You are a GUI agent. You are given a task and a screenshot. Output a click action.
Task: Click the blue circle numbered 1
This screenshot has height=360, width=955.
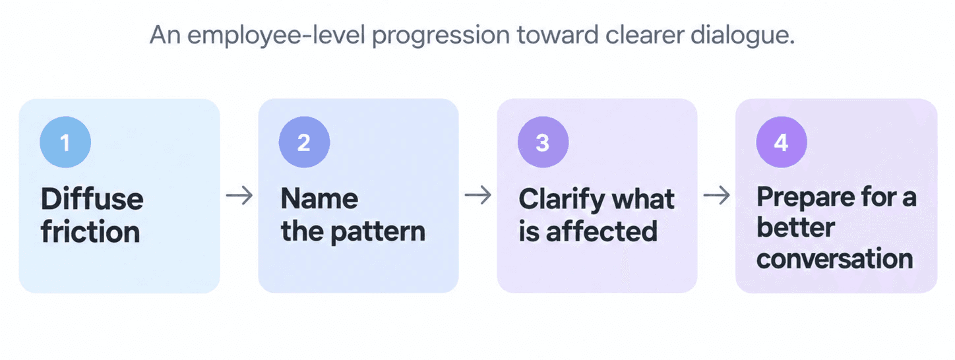[65, 142]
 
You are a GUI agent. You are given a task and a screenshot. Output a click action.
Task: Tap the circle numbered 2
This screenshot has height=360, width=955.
[304, 142]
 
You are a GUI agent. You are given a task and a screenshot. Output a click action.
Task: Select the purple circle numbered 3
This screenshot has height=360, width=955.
[543, 142]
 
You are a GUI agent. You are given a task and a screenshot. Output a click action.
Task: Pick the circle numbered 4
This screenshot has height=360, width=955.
[782, 142]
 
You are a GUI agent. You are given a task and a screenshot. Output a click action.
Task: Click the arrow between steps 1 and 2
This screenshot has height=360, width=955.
[239, 196]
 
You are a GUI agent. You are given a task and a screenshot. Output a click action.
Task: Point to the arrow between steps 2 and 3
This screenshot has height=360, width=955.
[478, 196]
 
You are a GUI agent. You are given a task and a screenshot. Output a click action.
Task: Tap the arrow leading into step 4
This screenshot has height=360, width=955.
[717, 196]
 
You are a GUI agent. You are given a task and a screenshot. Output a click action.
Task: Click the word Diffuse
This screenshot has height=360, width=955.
[92, 198]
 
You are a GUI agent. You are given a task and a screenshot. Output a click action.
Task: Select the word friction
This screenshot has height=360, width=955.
[90, 231]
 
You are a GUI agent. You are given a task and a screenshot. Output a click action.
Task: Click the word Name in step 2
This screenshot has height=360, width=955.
[319, 198]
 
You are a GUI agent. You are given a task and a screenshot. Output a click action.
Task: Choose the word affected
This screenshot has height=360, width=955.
[601, 231]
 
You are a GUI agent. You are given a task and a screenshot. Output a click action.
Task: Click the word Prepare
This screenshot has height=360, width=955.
[806, 198]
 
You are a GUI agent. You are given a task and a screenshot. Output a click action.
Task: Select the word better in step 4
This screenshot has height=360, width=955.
[795, 227]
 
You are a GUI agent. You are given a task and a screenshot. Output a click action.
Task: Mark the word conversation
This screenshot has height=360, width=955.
[835, 258]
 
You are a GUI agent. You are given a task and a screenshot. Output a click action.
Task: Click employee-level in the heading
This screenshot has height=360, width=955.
[276, 36]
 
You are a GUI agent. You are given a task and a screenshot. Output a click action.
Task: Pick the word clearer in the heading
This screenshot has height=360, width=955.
[644, 34]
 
